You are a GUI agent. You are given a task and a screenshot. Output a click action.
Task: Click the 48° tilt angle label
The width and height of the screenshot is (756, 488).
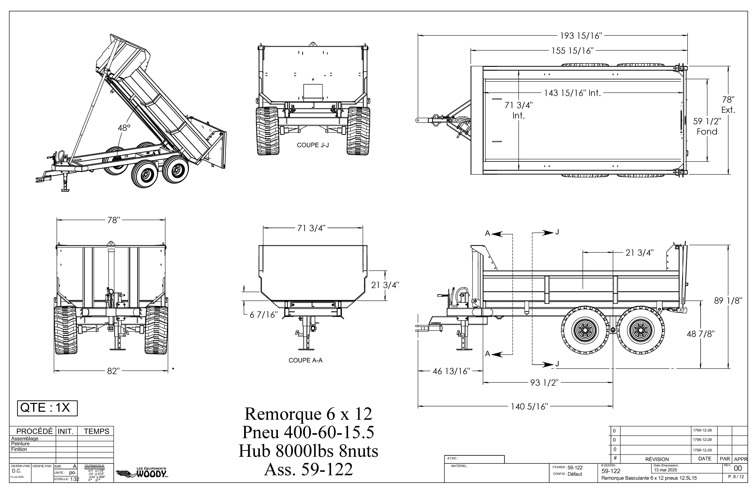(124, 128)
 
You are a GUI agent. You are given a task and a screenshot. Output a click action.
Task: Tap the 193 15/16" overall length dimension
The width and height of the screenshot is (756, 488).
(581, 36)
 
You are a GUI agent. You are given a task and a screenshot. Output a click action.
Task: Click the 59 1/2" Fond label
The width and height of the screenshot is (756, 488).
(707, 126)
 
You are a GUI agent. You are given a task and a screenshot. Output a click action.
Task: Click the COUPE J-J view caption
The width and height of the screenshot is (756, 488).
(313, 145)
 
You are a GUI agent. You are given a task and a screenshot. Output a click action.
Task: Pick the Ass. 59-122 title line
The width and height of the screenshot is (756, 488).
(308, 469)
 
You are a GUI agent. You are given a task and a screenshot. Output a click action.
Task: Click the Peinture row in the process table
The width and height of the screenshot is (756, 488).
(20, 444)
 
